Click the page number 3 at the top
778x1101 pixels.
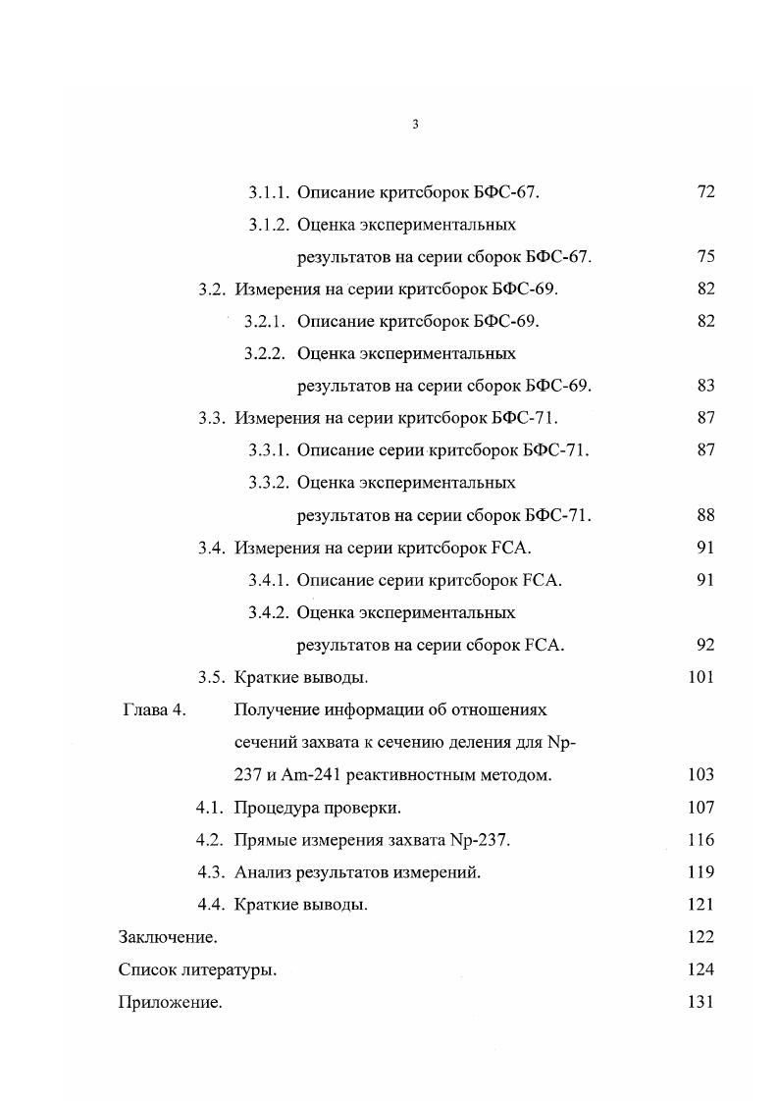click(x=415, y=125)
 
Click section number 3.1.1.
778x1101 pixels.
click(x=268, y=192)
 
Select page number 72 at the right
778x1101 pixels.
click(x=705, y=192)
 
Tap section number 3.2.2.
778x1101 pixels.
click(x=265, y=353)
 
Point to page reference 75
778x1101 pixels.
click(x=705, y=257)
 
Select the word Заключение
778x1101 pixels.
click(x=168, y=937)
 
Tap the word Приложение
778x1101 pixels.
click(x=170, y=1003)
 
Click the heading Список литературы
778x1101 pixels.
click(x=197, y=970)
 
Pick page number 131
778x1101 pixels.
click(x=701, y=1003)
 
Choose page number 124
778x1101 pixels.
click(x=701, y=970)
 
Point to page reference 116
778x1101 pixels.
click(x=701, y=840)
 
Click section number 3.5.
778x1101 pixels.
click(x=213, y=677)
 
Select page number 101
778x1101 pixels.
click(x=701, y=677)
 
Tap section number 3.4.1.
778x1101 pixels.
click(x=268, y=580)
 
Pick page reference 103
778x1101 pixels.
click(x=701, y=775)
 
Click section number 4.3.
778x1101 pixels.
click(x=212, y=872)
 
